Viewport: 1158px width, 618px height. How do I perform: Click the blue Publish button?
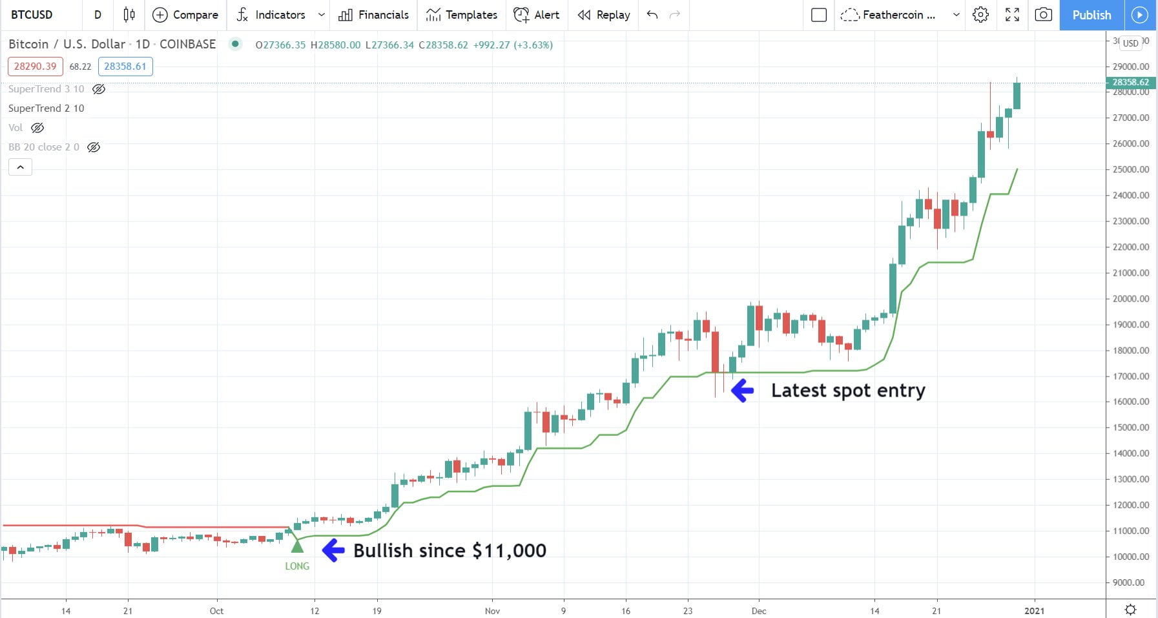[x=1091, y=15]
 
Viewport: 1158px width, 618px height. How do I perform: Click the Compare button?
[x=185, y=15]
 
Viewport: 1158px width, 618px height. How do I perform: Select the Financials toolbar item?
[x=374, y=15]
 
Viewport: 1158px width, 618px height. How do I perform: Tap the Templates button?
[x=462, y=15]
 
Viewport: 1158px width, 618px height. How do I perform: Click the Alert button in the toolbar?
[x=537, y=15]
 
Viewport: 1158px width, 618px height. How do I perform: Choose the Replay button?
[x=604, y=15]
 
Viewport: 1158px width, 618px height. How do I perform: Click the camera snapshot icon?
[x=1043, y=15]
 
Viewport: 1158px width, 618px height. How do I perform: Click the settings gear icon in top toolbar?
[x=980, y=15]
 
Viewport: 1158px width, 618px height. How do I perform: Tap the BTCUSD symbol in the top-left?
[x=32, y=15]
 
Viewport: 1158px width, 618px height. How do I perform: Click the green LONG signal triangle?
[x=297, y=546]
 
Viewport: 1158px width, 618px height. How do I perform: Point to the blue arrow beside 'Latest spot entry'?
[x=743, y=390]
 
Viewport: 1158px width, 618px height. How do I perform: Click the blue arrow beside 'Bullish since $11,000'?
[x=333, y=550]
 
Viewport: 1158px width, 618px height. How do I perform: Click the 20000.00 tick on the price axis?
[x=1130, y=299]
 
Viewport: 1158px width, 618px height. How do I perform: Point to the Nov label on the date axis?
[x=492, y=611]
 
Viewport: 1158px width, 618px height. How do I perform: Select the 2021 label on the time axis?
[x=1034, y=611]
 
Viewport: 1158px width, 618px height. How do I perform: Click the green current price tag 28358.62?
[x=1130, y=82]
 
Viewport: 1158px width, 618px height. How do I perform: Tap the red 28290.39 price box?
[x=36, y=67]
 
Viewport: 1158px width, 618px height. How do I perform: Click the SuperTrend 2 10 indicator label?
[x=47, y=108]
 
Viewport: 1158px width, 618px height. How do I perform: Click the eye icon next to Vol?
[x=38, y=128]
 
